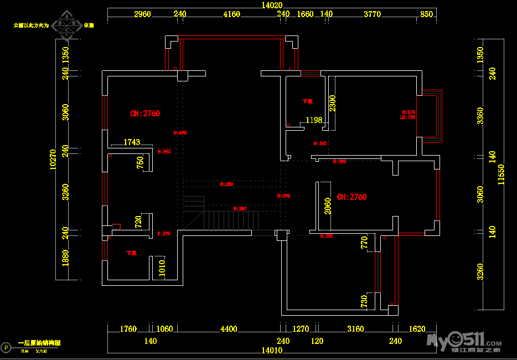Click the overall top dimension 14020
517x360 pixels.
(272, 5)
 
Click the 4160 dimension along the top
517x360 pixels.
(231, 14)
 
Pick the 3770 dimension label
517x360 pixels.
(372, 14)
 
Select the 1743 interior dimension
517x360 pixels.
(132, 142)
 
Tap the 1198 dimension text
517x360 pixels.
(314, 120)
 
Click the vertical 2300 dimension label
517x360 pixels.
(332, 104)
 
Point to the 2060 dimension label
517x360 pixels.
(328, 206)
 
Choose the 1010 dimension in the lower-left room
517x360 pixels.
(162, 268)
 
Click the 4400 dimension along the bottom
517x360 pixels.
(229, 329)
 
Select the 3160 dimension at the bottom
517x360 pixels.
(355, 329)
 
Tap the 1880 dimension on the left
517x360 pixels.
(65, 258)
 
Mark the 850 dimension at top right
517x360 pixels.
(426, 14)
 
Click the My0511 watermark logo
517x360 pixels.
(462, 339)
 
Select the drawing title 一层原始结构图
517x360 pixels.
(39, 343)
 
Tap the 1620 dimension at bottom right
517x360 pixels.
(417, 329)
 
